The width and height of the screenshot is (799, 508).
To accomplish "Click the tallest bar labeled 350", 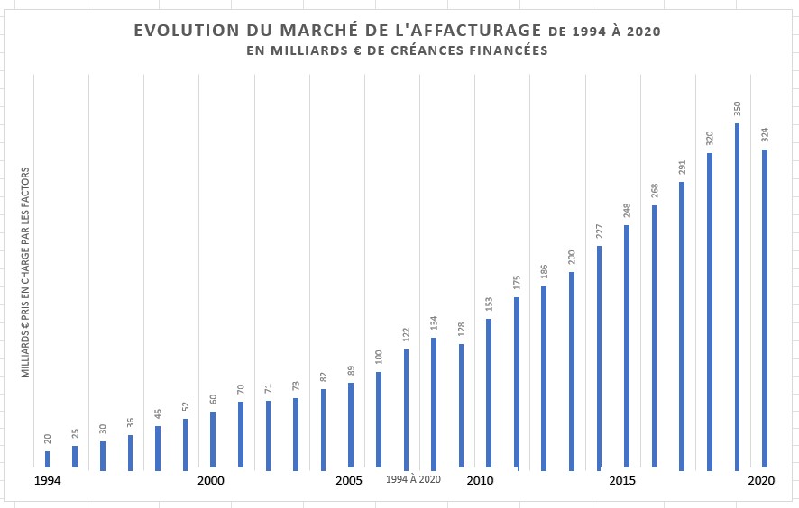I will point(738,297).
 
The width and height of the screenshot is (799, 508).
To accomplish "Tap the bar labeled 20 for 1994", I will point(48,460).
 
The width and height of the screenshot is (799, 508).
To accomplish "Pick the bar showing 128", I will point(461,406).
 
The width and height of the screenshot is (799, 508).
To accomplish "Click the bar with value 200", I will point(572,371).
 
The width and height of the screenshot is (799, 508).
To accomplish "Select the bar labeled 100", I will point(379,421).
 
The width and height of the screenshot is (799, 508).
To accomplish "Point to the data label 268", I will point(655,191).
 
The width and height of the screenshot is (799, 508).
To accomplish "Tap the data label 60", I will point(213,399).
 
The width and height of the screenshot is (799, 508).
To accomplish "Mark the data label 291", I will point(682,168).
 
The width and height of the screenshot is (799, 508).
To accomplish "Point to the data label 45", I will point(158,413).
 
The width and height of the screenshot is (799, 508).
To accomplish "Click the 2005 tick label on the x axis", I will point(349,481).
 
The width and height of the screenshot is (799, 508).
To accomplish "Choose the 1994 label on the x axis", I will point(48,481).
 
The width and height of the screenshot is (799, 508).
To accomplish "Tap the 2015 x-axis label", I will point(622,481).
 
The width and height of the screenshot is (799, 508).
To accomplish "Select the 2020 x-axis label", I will point(762,481).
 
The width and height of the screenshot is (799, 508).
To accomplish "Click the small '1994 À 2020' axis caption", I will point(413,479).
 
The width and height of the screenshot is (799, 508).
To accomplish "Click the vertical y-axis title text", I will point(26,272).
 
